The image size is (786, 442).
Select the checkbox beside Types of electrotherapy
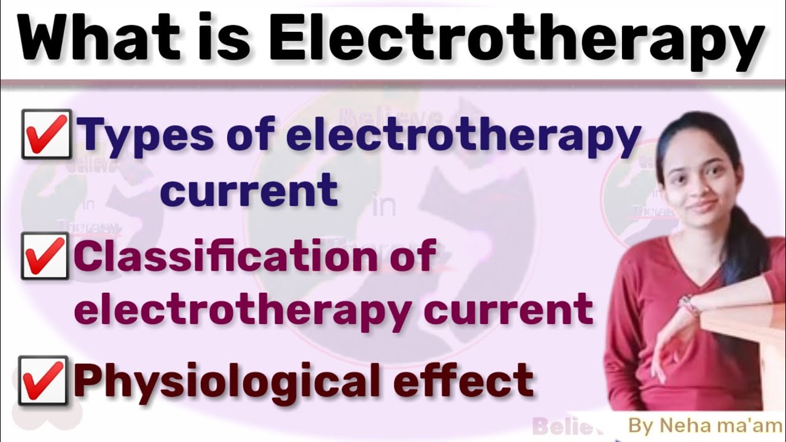(x=46, y=134)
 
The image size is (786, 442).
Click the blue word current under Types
(x=249, y=190)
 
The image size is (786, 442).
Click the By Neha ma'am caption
(x=704, y=425)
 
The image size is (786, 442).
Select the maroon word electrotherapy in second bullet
(x=243, y=309)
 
